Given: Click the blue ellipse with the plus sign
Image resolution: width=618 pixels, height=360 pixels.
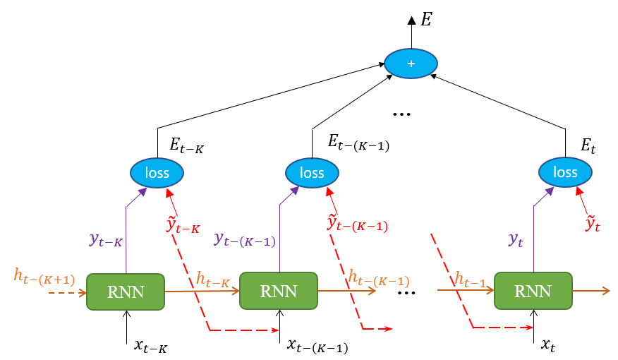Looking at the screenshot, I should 411,64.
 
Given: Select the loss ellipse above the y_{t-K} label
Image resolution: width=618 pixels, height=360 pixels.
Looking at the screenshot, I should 157,172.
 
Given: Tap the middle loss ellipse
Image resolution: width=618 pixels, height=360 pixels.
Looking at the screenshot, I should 312,173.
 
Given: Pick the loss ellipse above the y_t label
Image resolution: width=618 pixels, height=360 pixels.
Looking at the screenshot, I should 565,172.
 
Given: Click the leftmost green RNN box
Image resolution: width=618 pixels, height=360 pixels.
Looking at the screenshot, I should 126,291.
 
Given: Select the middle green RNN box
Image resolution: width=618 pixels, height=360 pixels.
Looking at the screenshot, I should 279,291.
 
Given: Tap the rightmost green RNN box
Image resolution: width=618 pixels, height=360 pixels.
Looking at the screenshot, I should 533,291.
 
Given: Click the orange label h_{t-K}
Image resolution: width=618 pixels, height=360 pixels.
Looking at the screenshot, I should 212,280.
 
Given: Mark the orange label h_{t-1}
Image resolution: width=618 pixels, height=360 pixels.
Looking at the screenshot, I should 470,280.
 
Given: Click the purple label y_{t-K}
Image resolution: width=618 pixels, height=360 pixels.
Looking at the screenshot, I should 106,240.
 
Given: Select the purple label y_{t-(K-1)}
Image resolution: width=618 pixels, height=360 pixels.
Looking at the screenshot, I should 244,240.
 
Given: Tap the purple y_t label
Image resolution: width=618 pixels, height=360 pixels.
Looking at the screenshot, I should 516,240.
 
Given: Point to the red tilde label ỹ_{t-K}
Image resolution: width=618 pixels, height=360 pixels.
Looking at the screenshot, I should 183,225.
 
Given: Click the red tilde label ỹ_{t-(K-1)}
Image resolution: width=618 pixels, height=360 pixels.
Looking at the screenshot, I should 357,224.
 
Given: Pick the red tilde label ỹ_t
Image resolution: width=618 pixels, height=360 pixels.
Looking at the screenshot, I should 593,224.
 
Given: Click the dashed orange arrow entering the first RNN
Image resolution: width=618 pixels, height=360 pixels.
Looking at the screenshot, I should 67,292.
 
